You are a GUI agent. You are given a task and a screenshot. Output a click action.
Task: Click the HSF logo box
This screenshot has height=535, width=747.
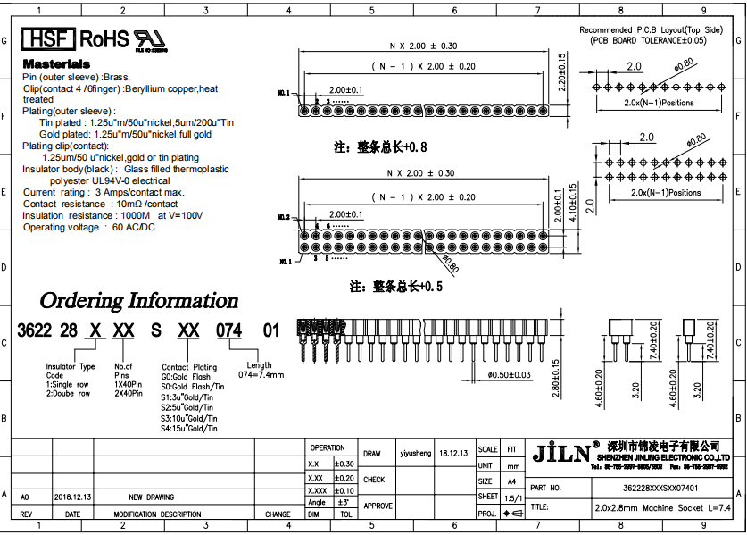48,39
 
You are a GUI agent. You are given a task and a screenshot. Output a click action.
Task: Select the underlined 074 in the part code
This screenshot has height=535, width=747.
229,330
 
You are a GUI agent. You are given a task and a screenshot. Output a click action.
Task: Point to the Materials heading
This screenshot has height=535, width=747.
56,64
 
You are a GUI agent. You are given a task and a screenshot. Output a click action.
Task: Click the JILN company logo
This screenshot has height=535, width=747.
560,453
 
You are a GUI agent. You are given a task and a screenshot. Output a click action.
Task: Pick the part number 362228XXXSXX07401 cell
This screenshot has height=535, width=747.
660,489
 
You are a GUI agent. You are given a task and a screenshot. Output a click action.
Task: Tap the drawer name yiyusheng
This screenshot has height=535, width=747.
415,453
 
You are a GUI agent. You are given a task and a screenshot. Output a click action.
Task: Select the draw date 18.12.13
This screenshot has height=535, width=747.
454,453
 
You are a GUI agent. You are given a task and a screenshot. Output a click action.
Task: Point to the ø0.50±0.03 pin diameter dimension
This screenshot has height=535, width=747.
509,374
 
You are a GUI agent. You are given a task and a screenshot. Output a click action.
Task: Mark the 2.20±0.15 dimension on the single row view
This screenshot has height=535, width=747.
562,73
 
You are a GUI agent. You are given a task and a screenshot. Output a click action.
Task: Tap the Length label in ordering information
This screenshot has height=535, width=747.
260,365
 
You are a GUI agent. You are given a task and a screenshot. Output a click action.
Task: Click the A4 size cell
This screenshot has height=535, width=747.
511,481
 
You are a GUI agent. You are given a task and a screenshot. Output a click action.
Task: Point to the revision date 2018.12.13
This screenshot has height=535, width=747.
72,497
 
